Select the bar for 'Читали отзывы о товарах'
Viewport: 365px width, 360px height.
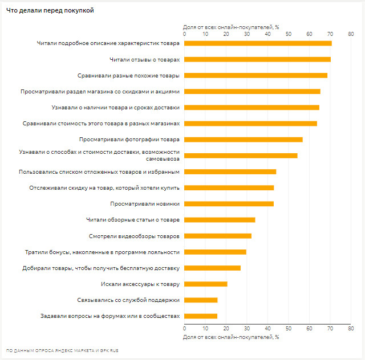[257, 59]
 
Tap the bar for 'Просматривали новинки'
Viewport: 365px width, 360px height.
[229, 203]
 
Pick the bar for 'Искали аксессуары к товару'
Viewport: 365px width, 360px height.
[206, 284]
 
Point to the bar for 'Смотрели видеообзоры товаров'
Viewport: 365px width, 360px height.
[218, 236]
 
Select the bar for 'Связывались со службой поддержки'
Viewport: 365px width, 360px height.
[201, 300]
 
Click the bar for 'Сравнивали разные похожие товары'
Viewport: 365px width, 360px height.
[255, 75]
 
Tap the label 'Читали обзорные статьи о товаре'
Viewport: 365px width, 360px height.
[133, 219]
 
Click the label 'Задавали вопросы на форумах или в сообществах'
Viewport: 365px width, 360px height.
[110, 316]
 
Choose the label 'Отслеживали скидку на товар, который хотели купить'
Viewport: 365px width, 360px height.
[104, 187]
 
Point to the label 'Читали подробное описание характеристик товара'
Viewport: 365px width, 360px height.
[108, 43]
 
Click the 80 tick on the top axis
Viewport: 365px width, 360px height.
[350, 34]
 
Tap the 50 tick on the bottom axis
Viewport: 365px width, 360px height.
[288, 329]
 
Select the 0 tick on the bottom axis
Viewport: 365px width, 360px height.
[184, 329]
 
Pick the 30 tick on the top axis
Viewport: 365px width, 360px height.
[246, 34]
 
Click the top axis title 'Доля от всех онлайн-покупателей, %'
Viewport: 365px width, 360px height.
[230, 27]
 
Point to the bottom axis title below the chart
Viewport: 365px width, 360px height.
[230, 337]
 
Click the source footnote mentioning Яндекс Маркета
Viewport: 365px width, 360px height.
[62, 350]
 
